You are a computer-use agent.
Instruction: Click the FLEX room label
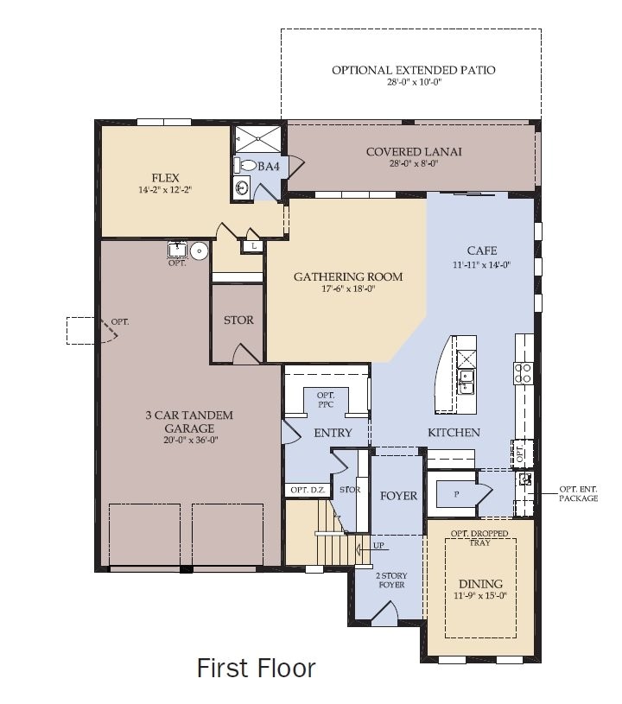point(165,178)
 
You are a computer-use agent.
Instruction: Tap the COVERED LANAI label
point(414,152)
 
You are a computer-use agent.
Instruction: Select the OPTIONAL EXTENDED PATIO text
point(414,70)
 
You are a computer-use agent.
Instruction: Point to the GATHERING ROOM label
point(348,277)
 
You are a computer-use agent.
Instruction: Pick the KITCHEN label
point(454,432)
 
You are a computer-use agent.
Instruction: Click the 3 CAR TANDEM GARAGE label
point(188,422)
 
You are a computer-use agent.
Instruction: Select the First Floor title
point(257,668)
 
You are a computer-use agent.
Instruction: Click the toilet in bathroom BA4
point(247,165)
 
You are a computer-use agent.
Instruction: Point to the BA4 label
point(270,166)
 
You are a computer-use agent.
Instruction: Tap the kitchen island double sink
point(466,381)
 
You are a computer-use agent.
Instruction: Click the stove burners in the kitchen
point(524,372)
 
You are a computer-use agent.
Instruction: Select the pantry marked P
point(456,495)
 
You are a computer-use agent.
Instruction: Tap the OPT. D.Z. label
point(305,490)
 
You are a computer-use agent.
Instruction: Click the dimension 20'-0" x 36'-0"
point(188,439)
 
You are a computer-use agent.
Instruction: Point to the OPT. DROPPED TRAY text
point(472,538)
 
